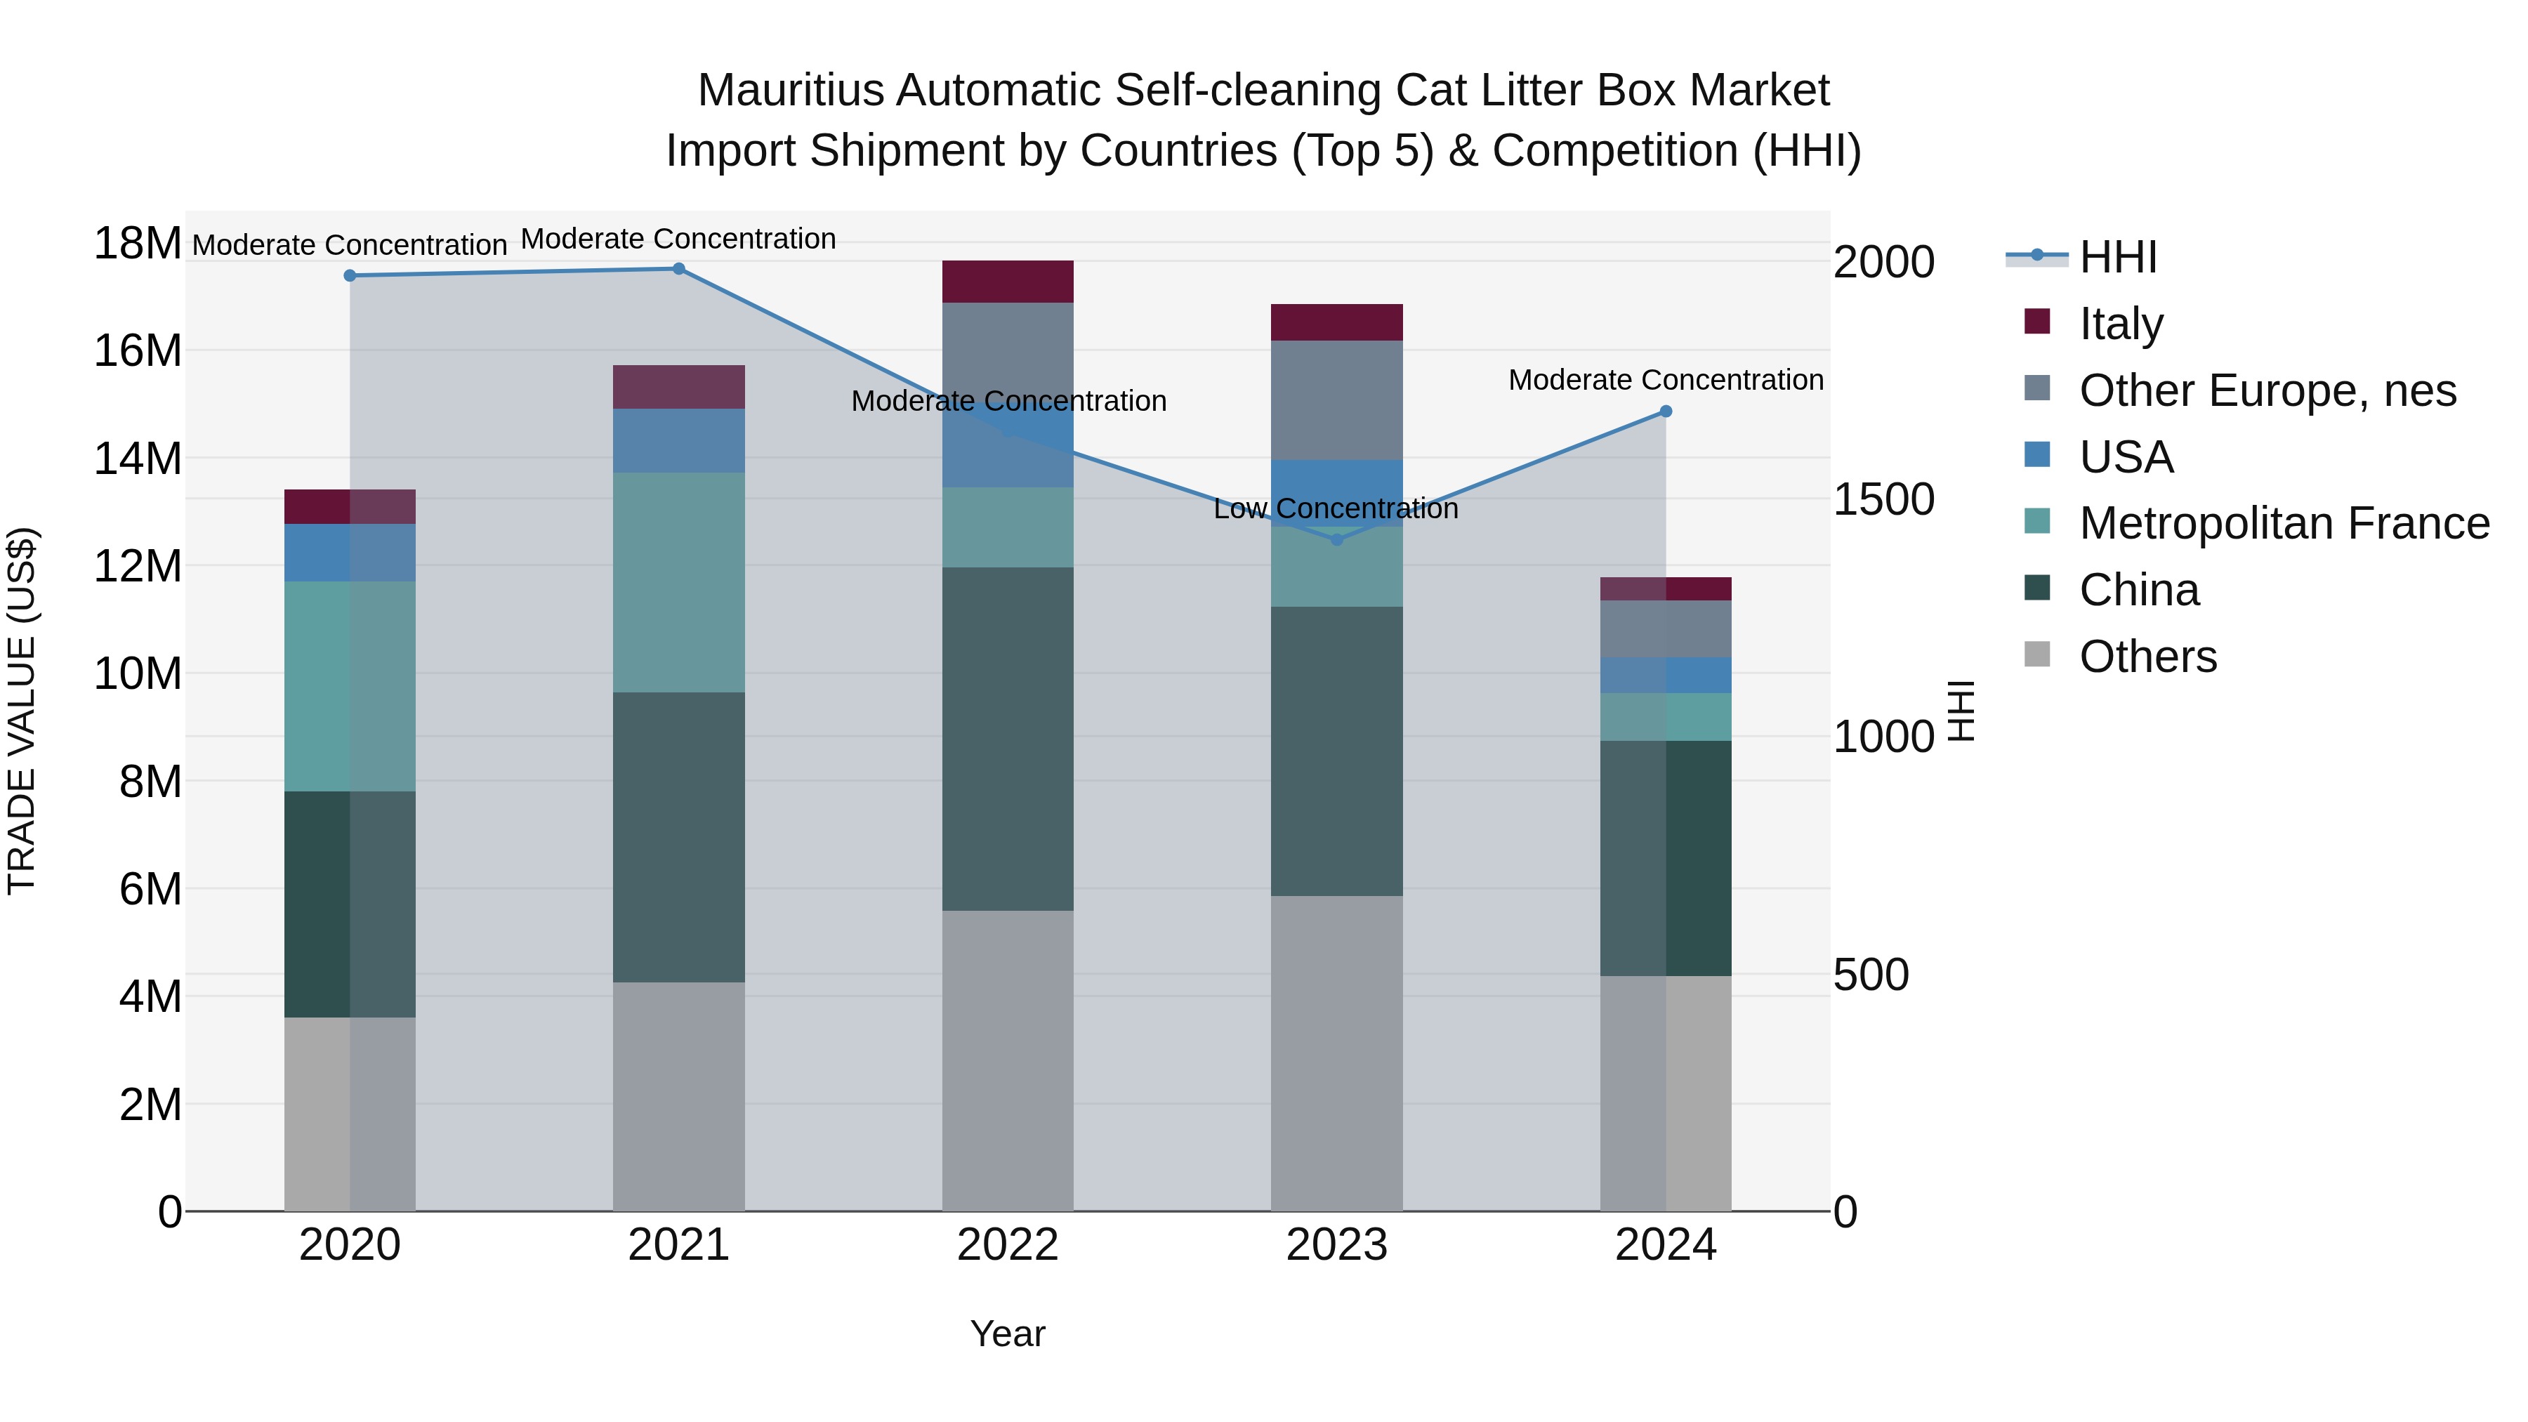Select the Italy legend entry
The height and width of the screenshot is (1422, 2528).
(x=2120, y=324)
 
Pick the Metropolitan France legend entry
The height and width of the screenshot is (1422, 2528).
(x=2283, y=523)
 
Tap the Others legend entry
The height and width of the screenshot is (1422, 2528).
(x=2147, y=657)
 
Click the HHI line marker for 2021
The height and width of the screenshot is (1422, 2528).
(x=678, y=269)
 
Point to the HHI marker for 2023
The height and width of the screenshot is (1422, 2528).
(x=1336, y=540)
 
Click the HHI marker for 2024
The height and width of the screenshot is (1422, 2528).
(x=1666, y=412)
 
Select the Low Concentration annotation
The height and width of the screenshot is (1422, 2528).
(x=1336, y=508)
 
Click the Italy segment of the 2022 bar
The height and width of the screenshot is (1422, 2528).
(x=1008, y=282)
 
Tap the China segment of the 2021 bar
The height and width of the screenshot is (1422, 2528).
(x=678, y=837)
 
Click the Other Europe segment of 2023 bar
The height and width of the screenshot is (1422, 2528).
(x=1336, y=400)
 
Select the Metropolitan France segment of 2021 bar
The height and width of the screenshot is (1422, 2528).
(x=678, y=582)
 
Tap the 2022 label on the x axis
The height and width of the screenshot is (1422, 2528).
(x=1007, y=1245)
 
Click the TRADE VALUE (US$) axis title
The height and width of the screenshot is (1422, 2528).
(x=22, y=711)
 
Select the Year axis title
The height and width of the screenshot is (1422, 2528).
(x=1007, y=1334)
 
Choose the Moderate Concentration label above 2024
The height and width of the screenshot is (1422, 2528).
(x=1666, y=380)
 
